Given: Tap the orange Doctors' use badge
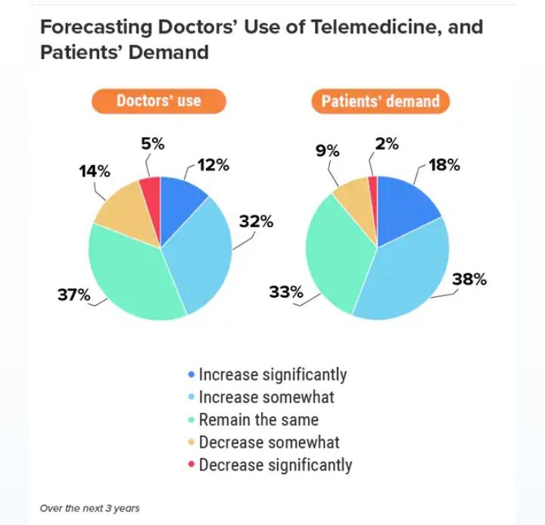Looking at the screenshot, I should tap(159, 101).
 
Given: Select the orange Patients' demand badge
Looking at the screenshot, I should tap(380, 102).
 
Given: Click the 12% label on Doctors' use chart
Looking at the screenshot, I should tap(213, 164).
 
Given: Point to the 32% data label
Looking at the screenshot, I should tap(256, 222).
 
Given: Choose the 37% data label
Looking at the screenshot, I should tap(74, 295).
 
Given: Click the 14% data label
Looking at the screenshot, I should tap(95, 171).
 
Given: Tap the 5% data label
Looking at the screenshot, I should tap(152, 144).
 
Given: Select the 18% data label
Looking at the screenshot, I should tap(444, 164).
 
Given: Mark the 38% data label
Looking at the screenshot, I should tap(469, 280).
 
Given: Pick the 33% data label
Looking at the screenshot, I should tap(286, 292).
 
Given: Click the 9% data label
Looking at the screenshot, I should tap(326, 152).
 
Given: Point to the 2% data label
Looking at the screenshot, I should tap(387, 144).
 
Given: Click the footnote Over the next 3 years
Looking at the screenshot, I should tap(90, 508).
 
